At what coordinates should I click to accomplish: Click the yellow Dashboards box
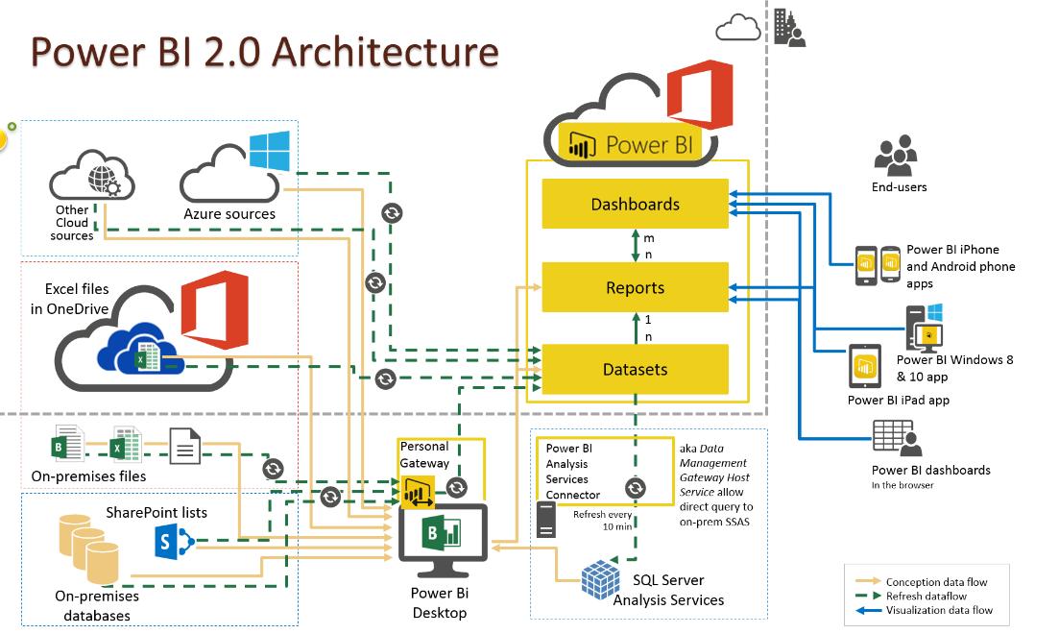point(635,204)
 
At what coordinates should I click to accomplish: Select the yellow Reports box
point(635,287)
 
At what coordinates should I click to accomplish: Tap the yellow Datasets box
point(635,369)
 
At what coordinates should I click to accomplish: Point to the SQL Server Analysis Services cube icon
point(600,579)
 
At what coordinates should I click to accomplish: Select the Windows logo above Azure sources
point(270,151)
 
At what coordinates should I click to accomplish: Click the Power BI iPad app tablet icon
point(865,366)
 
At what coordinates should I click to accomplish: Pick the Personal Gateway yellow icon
point(418,492)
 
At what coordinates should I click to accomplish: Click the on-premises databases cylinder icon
point(88,548)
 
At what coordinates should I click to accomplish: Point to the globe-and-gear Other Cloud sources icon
point(103,182)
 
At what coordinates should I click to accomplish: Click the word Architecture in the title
point(385,52)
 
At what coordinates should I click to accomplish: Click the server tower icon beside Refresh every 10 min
point(545,520)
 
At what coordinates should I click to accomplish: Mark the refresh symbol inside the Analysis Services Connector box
point(635,487)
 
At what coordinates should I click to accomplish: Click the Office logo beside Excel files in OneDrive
point(215,309)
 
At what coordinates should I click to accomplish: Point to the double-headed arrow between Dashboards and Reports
point(635,245)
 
